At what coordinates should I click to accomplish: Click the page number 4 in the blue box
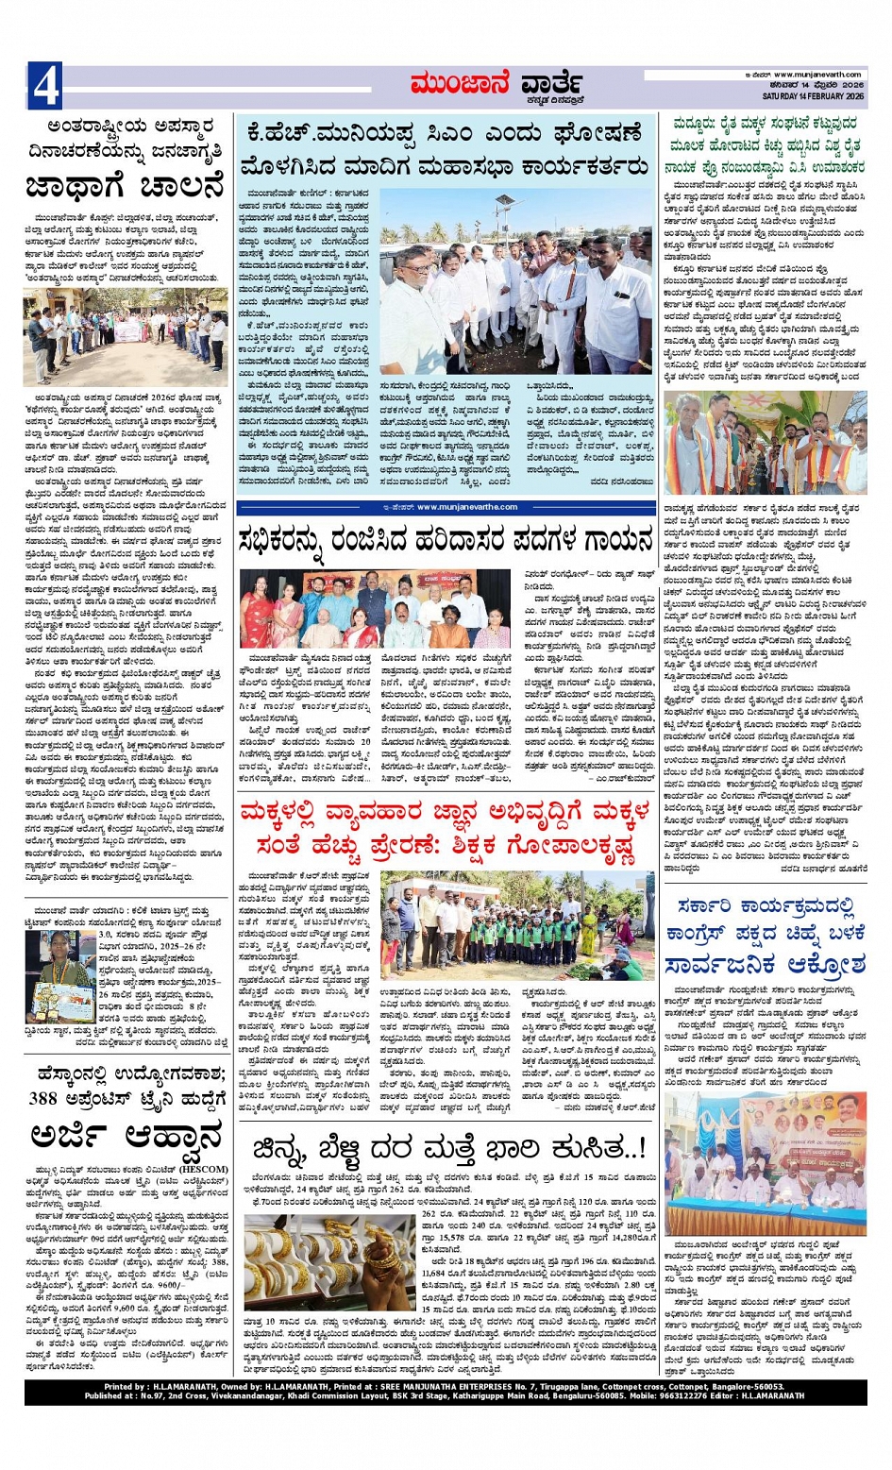(46, 86)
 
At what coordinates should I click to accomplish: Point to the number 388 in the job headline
(44, 1098)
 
